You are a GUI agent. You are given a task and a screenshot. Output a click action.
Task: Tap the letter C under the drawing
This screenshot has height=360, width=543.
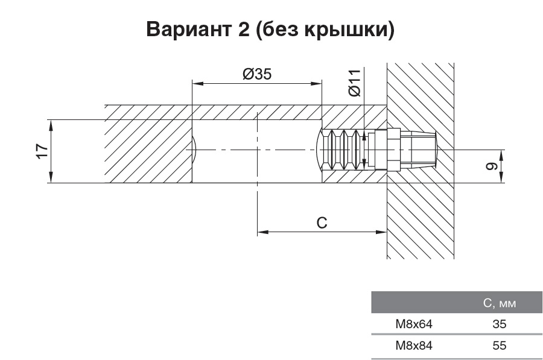322,223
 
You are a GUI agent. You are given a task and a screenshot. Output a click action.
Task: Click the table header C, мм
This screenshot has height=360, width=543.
499,303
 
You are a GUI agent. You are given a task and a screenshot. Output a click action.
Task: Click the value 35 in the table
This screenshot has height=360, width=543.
499,324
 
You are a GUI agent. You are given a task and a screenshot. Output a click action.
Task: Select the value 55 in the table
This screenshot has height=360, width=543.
499,346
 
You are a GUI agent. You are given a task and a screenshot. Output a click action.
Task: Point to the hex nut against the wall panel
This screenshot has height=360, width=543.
393,150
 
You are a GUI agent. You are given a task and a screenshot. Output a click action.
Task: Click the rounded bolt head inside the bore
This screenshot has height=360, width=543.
320,150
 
